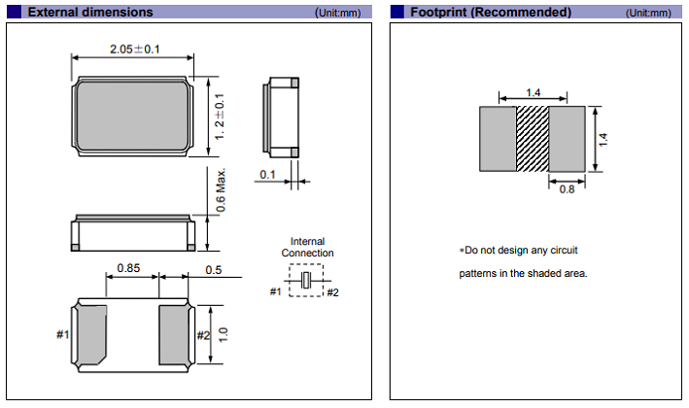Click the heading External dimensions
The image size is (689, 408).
pos(89,13)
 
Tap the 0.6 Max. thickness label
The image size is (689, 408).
pos(221,191)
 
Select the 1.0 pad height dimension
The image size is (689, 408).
pos(223,335)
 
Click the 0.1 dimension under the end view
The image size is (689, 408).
pos(267,175)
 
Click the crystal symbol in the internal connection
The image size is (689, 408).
pos(307,280)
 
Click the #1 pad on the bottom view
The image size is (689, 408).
pos(90,334)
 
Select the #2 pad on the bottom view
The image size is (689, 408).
pos(176,334)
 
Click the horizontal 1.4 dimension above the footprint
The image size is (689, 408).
pos(533,92)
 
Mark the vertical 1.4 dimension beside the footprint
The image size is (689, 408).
pos(603,139)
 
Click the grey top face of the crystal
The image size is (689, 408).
pos(134,118)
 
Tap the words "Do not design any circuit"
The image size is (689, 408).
pos(523,251)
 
